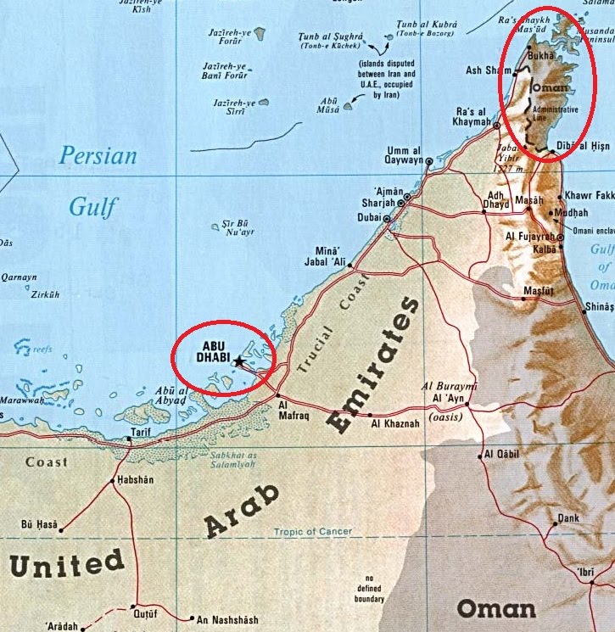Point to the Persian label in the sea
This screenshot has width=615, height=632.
pos(98,156)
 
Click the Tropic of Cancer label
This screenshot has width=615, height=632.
pos(312,533)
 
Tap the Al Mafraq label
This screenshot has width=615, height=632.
pos(294,411)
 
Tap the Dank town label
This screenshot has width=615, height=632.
pos(567,517)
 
